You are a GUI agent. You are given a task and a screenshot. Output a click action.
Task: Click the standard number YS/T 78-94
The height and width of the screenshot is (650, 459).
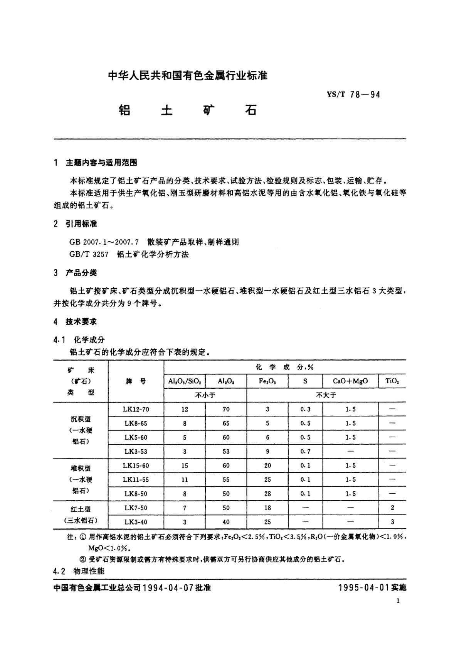tap(353, 95)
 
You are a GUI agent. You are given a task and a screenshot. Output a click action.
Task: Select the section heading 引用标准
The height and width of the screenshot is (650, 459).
tap(81, 224)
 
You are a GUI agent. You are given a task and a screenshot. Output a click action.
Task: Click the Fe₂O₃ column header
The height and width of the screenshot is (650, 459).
tap(267, 381)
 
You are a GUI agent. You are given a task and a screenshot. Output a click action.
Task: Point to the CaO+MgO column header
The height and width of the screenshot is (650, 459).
tap(350, 381)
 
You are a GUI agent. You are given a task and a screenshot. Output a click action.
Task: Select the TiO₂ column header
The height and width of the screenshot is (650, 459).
tap(392, 381)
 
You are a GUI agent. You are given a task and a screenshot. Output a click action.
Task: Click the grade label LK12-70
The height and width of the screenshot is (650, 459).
tap(136, 409)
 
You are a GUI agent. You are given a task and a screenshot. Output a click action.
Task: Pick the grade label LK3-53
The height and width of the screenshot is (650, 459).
tap(136, 451)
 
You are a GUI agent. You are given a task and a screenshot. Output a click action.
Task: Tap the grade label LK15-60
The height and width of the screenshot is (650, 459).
tap(136, 465)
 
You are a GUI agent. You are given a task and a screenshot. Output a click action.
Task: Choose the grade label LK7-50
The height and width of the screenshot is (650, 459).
tap(136, 508)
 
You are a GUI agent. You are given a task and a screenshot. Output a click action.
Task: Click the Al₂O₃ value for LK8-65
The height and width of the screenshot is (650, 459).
tap(226, 423)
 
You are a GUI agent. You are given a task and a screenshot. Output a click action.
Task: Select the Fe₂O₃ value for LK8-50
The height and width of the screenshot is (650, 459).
tap(267, 494)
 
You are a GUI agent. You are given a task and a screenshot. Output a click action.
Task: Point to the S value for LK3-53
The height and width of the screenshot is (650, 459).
tap(305, 451)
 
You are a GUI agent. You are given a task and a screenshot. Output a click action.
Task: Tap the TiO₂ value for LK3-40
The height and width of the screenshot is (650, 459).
tap(392, 522)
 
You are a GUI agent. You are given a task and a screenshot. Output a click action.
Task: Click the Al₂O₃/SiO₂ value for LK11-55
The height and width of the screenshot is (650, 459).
tap(185, 480)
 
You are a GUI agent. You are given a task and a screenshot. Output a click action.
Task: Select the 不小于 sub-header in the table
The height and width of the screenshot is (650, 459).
tap(205, 395)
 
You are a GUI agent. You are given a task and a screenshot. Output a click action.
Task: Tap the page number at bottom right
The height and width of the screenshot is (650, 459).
tap(398, 601)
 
